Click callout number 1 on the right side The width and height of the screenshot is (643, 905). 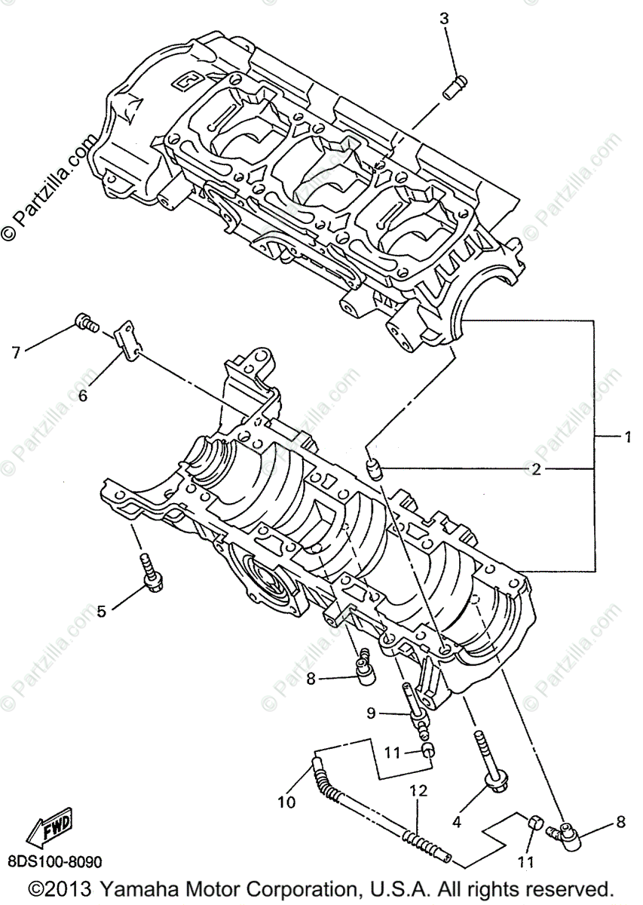pyautogui.click(x=626, y=436)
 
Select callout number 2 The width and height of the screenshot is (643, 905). pyautogui.click(x=536, y=470)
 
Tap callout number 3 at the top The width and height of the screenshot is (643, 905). pyautogui.click(x=445, y=19)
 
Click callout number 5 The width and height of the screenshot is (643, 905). pyautogui.click(x=101, y=612)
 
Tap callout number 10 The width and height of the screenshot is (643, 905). pyautogui.click(x=286, y=802)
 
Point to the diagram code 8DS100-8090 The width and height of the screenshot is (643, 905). pyautogui.click(x=54, y=861)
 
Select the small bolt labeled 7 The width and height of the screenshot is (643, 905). pyautogui.click(x=87, y=324)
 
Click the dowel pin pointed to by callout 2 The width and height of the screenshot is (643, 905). pyautogui.click(x=375, y=469)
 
